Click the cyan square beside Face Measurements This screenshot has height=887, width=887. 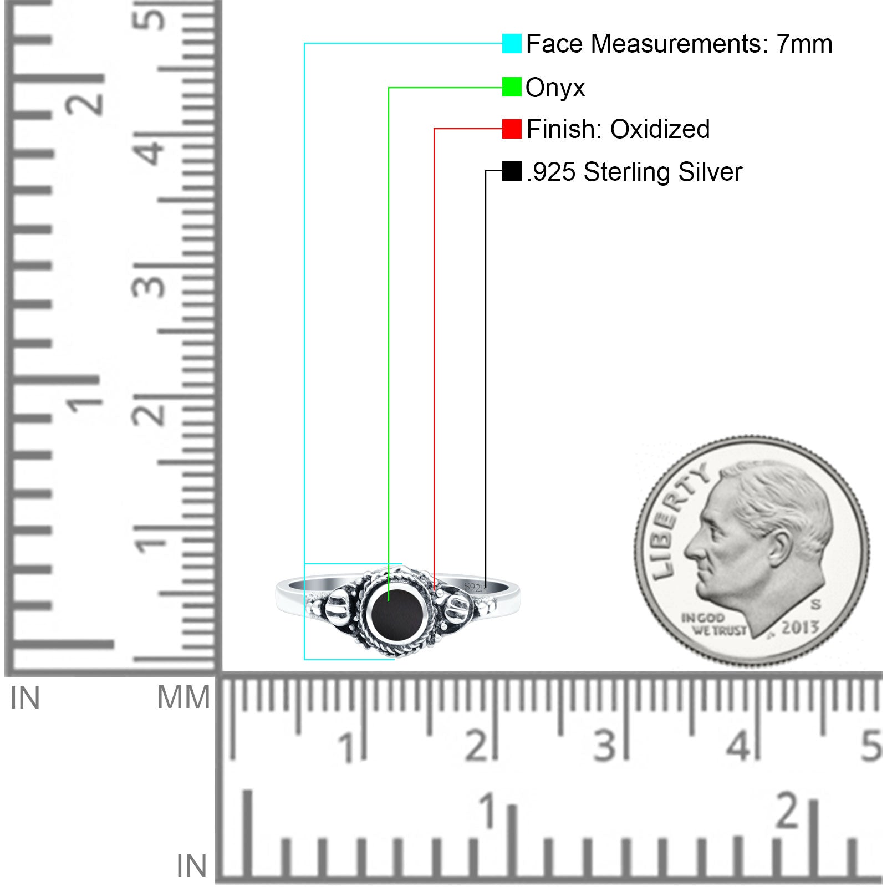click(512, 44)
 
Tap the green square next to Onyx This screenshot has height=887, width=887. click(512, 87)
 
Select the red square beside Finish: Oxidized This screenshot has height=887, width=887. click(512, 129)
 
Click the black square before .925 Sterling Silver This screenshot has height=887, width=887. click(512, 171)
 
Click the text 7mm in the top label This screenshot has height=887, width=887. click(804, 44)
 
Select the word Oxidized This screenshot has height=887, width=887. click(660, 129)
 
